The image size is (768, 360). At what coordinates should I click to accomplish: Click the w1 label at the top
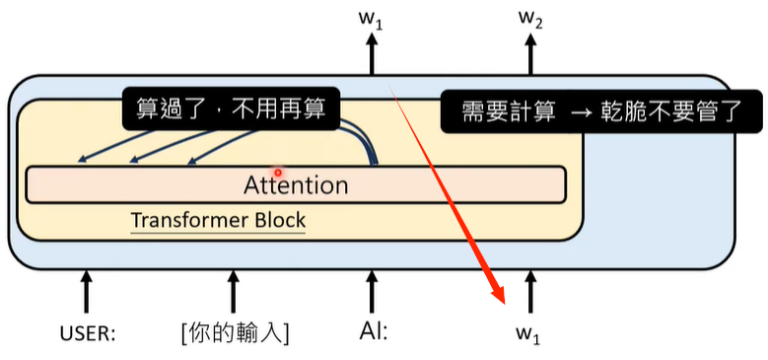click(x=372, y=18)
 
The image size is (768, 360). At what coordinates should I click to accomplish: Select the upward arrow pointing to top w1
click(x=372, y=54)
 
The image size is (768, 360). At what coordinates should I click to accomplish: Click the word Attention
click(x=295, y=185)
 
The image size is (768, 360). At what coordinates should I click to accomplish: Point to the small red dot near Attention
click(x=279, y=172)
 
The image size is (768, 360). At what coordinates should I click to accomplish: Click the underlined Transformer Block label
click(x=218, y=221)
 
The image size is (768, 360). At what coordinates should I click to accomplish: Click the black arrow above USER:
click(x=87, y=292)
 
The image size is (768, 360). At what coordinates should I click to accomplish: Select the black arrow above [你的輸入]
click(x=234, y=292)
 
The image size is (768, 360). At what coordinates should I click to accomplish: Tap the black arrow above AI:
click(x=372, y=292)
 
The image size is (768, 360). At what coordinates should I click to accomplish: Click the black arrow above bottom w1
click(x=531, y=292)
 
